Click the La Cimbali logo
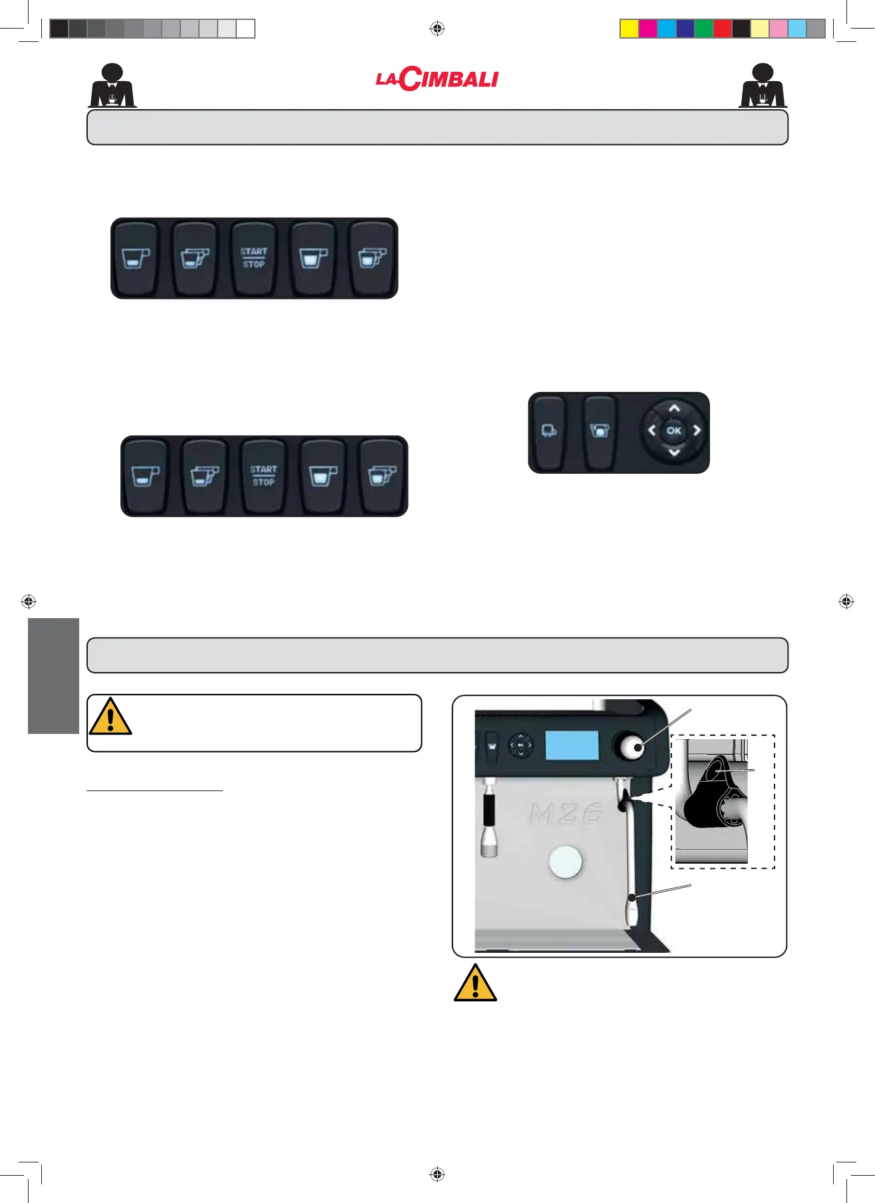pyautogui.click(x=437, y=79)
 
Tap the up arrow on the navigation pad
pyautogui.click(x=674, y=409)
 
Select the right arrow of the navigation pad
pyautogui.click(x=697, y=430)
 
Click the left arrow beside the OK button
pyautogui.click(x=652, y=430)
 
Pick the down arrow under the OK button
pyautogui.click(x=674, y=452)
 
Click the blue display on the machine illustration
pyautogui.click(x=572, y=745)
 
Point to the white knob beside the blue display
pyautogui.click(x=632, y=747)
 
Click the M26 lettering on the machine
pyautogui.click(x=566, y=813)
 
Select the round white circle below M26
pyautogui.click(x=565, y=862)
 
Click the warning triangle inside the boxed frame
pyautogui.click(x=110, y=717)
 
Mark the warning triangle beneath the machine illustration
pyautogui.click(x=475, y=983)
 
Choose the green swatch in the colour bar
pyautogui.click(x=703, y=29)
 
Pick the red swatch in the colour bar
pyautogui.click(x=722, y=29)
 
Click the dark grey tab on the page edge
pyautogui.click(x=53, y=675)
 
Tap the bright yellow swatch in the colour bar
pyautogui.click(x=629, y=29)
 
